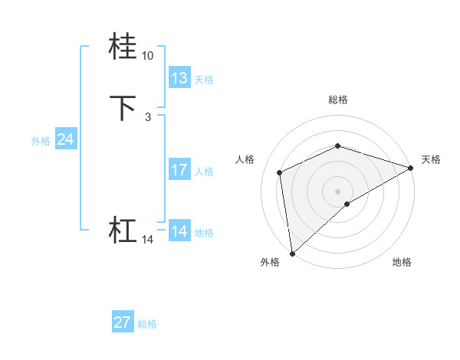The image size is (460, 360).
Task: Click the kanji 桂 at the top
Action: (x=123, y=47)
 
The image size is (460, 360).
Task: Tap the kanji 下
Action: (x=123, y=109)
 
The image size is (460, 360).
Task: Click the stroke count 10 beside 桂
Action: (x=147, y=56)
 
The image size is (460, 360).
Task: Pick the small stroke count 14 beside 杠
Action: (x=147, y=240)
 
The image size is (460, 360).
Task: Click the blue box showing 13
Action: (x=179, y=78)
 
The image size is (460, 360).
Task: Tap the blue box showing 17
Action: (x=179, y=170)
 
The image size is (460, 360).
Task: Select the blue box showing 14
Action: (x=179, y=231)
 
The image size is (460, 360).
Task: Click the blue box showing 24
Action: (x=66, y=139)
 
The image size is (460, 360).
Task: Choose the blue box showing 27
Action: (x=123, y=322)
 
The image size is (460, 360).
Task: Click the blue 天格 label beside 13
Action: (x=204, y=79)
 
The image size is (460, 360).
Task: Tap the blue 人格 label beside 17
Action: (x=204, y=171)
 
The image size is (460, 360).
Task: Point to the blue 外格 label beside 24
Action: (x=41, y=140)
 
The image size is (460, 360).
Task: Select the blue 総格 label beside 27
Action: (x=147, y=323)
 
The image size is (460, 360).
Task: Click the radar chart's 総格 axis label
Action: (x=337, y=100)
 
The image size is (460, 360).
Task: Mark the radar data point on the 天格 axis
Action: (x=410, y=169)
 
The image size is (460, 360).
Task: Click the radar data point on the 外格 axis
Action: (x=291, y=254)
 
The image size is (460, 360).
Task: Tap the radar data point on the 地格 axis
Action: (x=347, y=204)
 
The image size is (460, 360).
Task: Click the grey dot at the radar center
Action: (x=337, y=191)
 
